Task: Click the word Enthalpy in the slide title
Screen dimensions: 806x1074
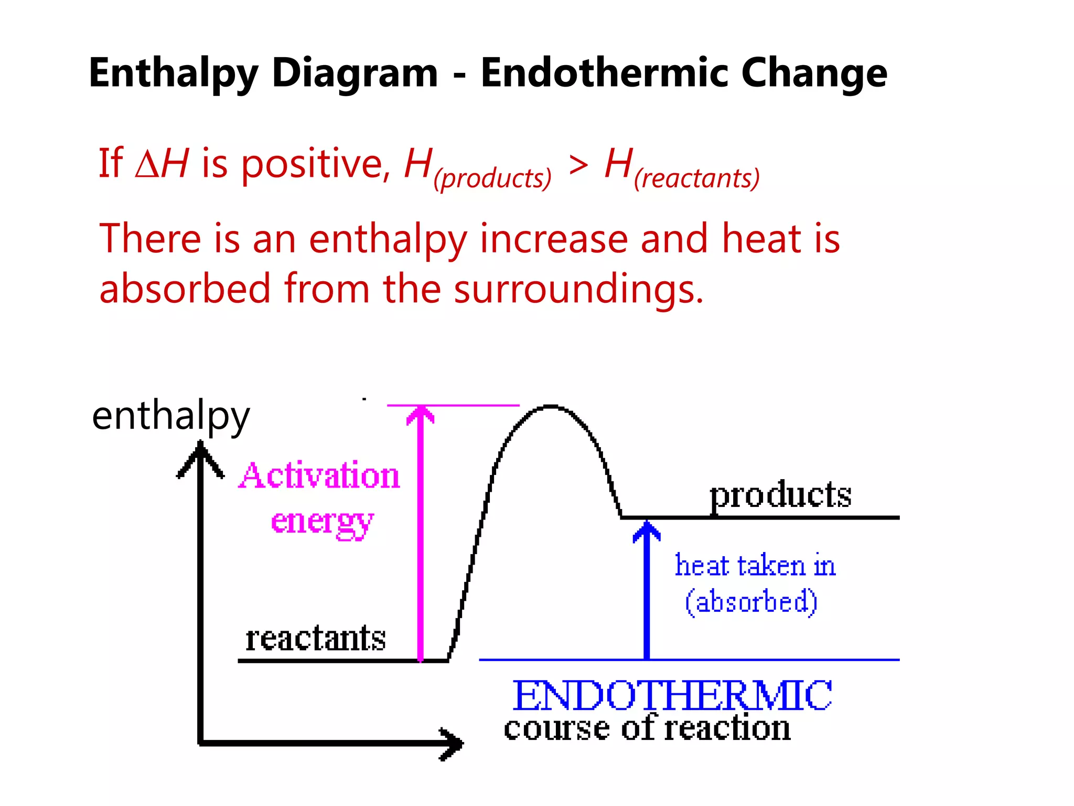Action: (x=173, y=73)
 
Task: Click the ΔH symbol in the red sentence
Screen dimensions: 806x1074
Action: (x=162, y=163)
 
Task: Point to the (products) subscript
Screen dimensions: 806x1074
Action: (x=492, y=178)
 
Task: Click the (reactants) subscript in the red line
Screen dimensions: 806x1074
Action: (x=696, y=178)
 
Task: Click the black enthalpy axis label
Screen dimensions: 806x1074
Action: (x=170, y=416)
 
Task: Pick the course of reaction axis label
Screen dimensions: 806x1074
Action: (x=647, y=728)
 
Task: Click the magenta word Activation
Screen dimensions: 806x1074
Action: (x=319, y=475)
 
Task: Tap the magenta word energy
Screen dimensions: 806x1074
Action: (x=322, y=522)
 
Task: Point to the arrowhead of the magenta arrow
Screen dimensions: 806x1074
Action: (x=421, y=415)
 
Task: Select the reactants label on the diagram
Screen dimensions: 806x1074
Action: (x=316, y=639)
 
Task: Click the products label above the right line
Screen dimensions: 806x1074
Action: (x=780, y=495)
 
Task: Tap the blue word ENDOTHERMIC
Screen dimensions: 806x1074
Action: (x=672, y=695)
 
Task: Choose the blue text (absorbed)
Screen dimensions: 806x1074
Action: (x=751, y=602)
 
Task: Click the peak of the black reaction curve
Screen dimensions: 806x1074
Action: (x=550, y=406)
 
